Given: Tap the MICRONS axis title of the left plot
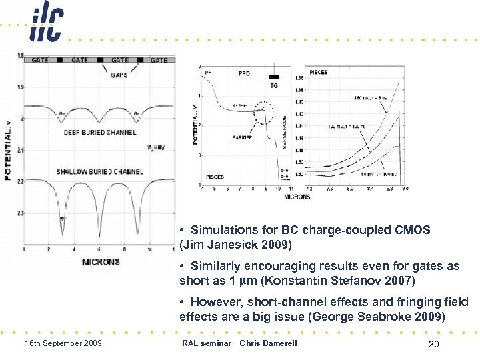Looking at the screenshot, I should click(101, 262).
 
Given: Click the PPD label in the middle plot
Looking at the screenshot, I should click(243, 73).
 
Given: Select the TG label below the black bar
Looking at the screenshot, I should click(274, 85).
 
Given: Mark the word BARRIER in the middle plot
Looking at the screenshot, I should click(242, 137).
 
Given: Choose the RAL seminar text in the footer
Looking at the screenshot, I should click(206, 343).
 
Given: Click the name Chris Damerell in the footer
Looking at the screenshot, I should click(269, 343).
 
